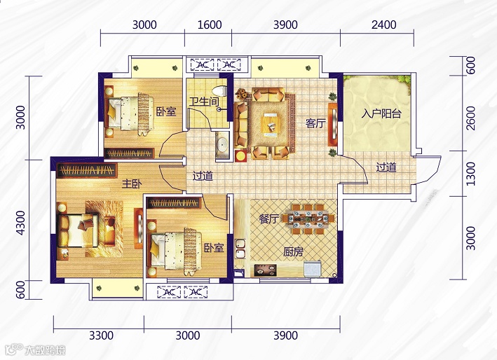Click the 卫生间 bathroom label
pos(204,102)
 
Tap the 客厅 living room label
pos(315,123)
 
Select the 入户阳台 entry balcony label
pos(381,113)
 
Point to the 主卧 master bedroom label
pos(132,184)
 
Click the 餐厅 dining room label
pos(268,219)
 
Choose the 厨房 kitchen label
pos(293,252)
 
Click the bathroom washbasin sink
pos(223,145)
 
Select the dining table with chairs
pos(308,219)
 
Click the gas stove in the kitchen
pos(265,270)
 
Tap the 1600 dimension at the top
pos(210,25)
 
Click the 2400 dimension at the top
pos(384,25)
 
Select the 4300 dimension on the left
pos(20,223)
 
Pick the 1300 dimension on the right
pos(471,174)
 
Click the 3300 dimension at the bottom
pos(101,335)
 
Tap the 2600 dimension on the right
pos(471,118)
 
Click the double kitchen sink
pos(240,249)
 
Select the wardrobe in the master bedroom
pos(86,170)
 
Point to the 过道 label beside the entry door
pos(386,167)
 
